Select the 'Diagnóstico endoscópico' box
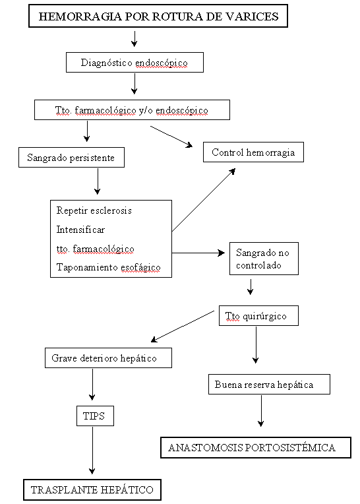[x=135, y=63]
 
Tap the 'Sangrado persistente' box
[x=71, y=158]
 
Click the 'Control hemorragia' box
[x=253, y=152]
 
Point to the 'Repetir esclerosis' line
[x=94, y=210]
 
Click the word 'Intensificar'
[x=80, y=230]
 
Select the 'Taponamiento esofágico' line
[x=109, y=267]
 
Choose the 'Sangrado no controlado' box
[x=264, y=259]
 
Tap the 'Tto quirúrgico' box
[x=258, y=315]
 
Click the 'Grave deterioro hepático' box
[x=108, y=358]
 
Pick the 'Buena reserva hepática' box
[x=269, y=385]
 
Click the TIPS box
[x=95, y=416]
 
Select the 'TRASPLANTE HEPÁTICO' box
[x=92, y=489]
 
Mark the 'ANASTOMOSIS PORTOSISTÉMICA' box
[x=256, y=447]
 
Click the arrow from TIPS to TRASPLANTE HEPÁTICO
[x=92, y=451]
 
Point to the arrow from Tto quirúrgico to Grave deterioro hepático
[x=183, y=327]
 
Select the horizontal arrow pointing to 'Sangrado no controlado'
[x=198, y=253]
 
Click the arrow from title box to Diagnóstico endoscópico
[x=135, y=39]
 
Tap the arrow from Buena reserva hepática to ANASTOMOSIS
[x=261, y=411]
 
